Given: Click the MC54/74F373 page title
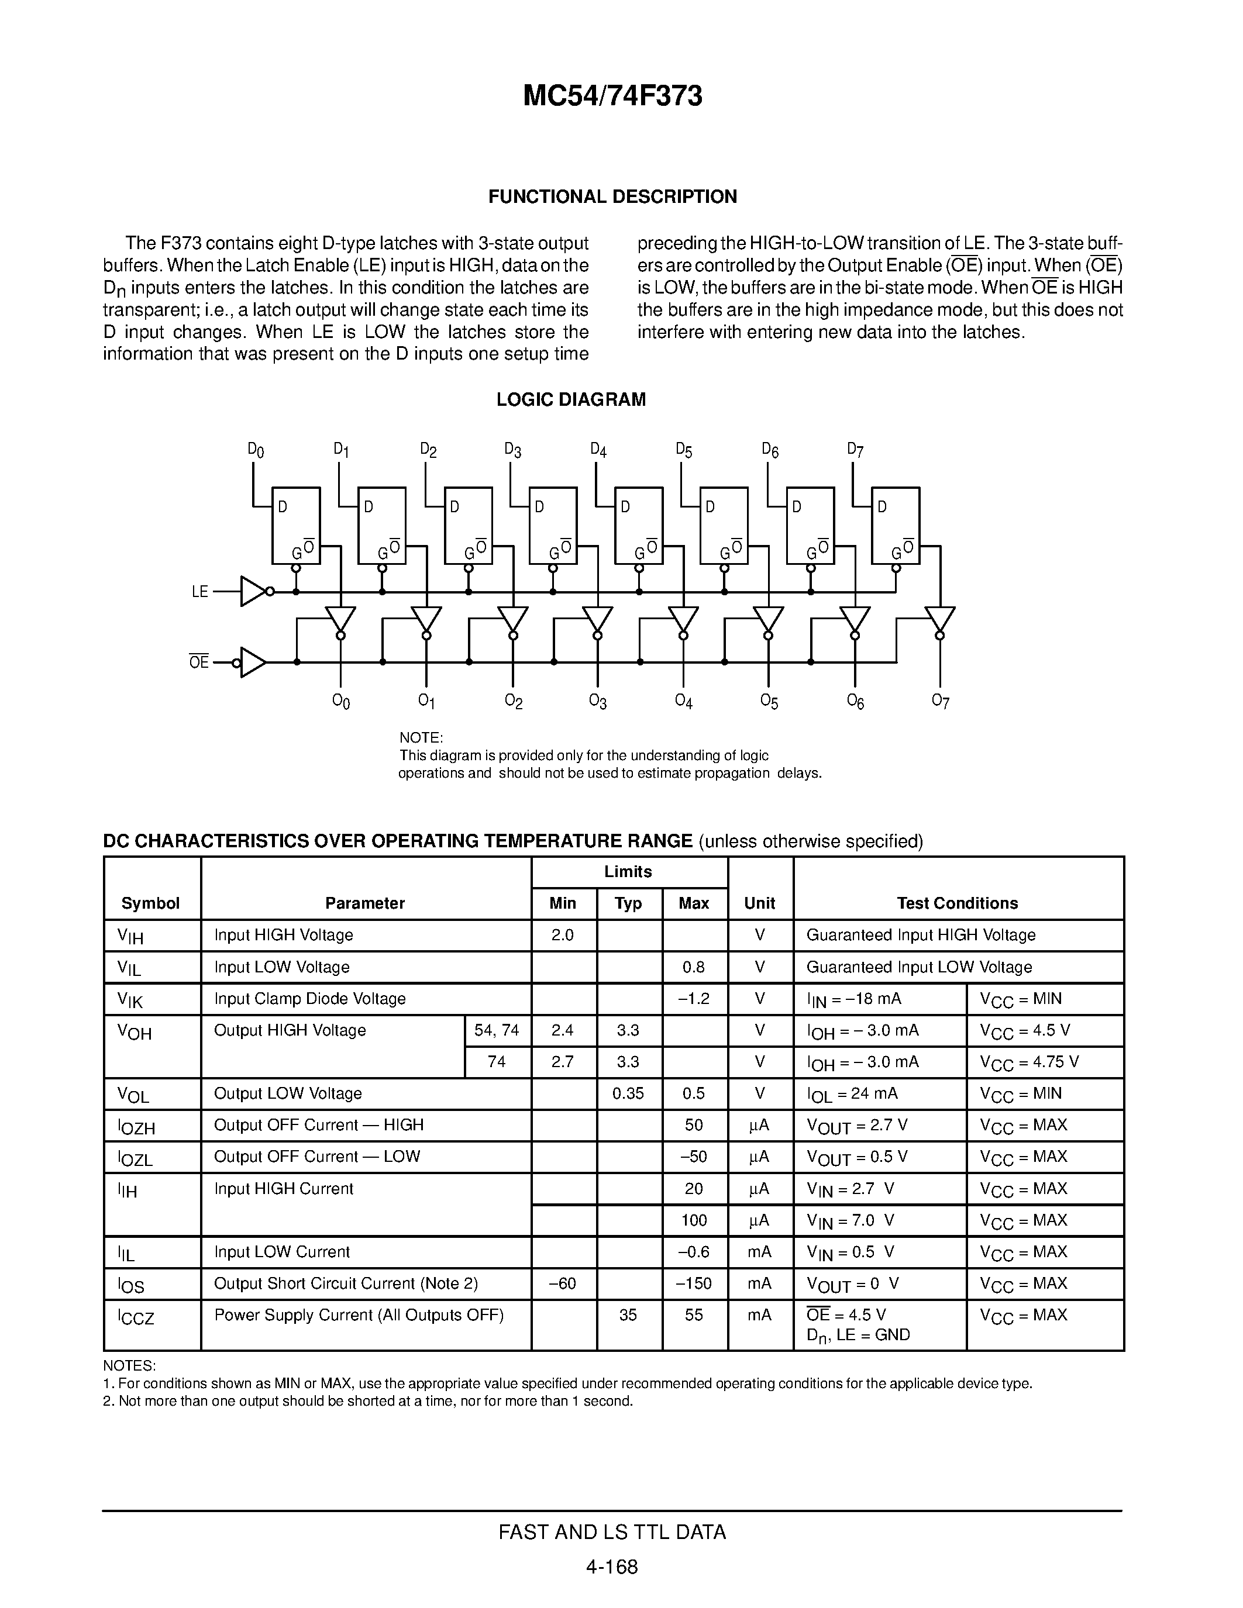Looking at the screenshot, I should (612, 96).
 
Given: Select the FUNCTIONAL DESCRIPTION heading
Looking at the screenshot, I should (612, 196).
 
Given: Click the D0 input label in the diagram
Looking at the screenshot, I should (256, 450).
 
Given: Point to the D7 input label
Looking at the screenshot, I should (855, 450).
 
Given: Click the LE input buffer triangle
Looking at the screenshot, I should (253, 591).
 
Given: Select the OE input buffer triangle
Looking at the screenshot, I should (253, 662).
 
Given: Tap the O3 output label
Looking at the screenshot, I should (598, 701).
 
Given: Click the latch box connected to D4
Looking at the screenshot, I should (638, 525).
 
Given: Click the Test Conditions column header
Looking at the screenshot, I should (958, 903).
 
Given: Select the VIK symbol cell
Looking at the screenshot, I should (130, 1000).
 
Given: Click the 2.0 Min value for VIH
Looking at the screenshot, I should (563, 935).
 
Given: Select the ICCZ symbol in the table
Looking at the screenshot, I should (136, 1316).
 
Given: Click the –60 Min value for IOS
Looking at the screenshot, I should (563, 1283).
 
